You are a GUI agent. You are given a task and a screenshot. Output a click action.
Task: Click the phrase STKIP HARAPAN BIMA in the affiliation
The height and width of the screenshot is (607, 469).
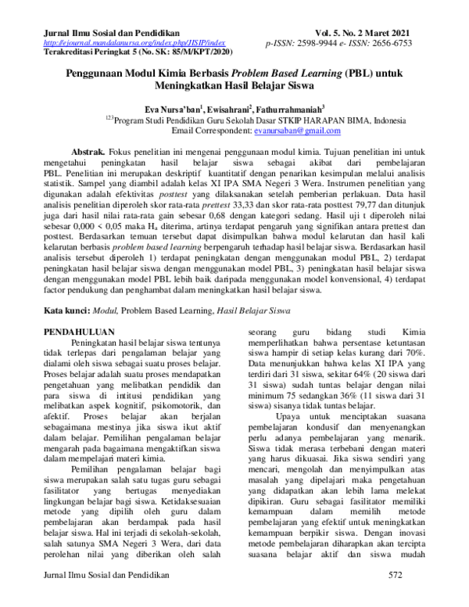[303, 121]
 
